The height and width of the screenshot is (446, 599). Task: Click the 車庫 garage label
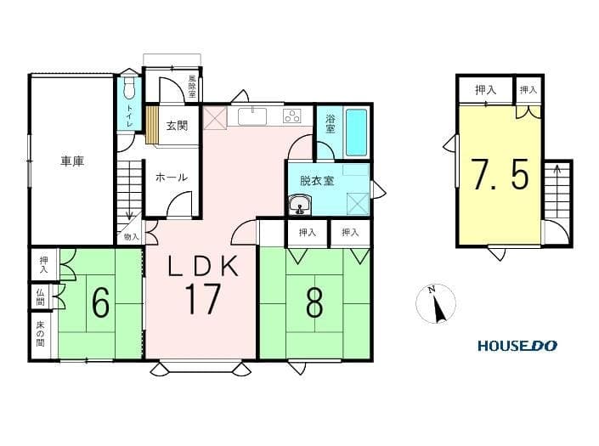tap(72, 161)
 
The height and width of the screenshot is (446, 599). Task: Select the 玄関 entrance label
tap(177, 125)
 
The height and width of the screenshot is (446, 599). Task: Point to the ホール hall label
tap(171, 178)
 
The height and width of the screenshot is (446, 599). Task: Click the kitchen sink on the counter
tap(252, 116)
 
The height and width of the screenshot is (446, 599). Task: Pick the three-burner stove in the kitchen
tap(292, 116)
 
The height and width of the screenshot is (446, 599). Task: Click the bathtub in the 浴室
tap(356, 133)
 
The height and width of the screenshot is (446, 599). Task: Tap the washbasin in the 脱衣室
tap(300, 205)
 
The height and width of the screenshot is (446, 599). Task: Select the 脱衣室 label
tap(317, 180)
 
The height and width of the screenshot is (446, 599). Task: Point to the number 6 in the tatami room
tap(101, 302)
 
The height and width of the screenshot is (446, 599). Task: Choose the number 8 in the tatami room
tap(314, 302)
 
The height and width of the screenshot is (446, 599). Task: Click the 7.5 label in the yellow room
tap(500, 174)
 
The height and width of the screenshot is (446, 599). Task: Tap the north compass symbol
tap(436, 304)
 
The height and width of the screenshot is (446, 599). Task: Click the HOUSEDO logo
tap(517, 346)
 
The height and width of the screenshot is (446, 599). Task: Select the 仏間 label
tap(40, 297)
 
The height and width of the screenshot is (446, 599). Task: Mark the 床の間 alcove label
tap(40, 334)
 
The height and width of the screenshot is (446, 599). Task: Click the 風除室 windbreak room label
tap(192, 86)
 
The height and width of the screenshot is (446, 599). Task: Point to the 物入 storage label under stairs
tap(132, 237)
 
